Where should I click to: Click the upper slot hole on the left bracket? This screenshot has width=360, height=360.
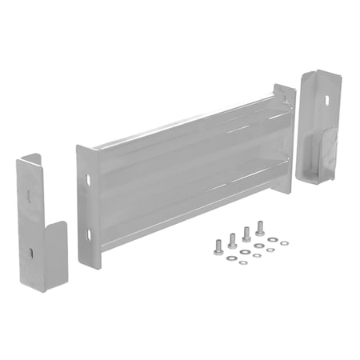pos(29,192)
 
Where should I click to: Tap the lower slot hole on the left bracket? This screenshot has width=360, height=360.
pos(30,252)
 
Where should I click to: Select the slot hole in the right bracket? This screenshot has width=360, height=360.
pos(327,100)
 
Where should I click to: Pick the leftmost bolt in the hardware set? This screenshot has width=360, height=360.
pos(218,246)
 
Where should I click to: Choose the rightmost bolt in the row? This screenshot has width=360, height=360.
pos(259,228)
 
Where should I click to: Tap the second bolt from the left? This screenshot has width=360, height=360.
pos(232,239)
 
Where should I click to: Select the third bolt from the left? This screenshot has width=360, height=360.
pos(246,234)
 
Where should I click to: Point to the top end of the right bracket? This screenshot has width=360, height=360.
pos(320,74)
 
